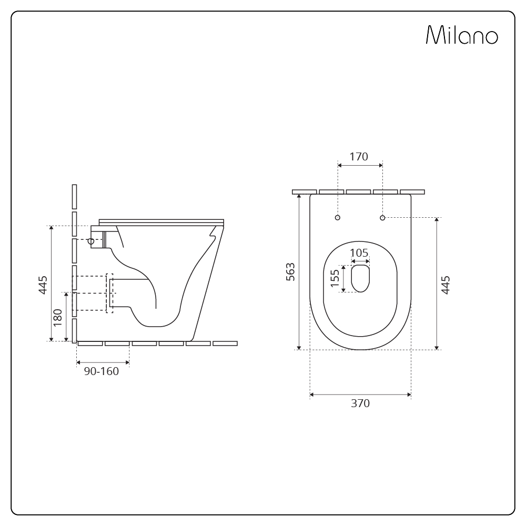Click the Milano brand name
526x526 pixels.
click(462, 35)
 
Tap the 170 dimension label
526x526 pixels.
click(359, 157)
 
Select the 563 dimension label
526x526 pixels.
click(290, 272)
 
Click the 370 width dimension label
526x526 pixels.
click(360, 403)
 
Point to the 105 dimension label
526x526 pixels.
click(359, 252)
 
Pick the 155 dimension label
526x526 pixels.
click(335, 278)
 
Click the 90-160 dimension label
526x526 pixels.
click(102, 371)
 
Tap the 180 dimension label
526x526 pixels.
click(58, 317)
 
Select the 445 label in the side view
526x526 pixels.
click(43, 285)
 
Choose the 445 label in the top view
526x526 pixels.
click(446, 285)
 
